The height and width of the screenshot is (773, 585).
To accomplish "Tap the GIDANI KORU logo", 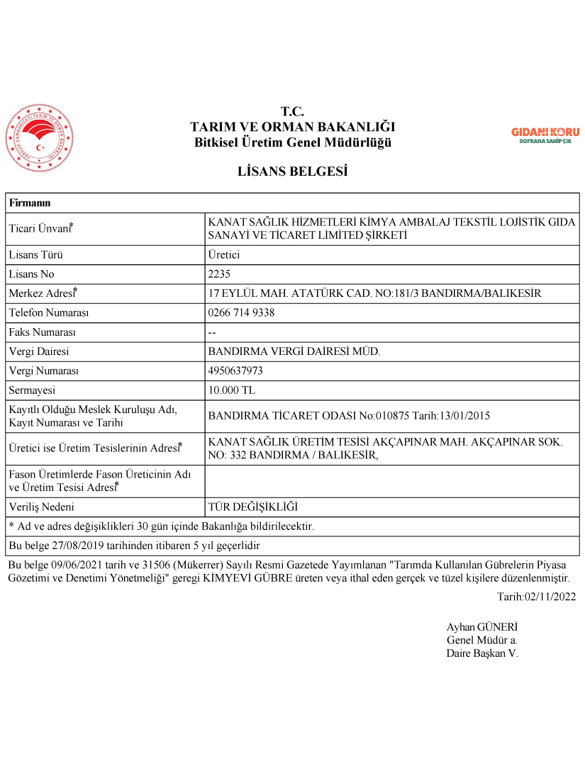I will (545, 135).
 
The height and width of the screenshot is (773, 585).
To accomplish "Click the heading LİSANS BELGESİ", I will (292, 171).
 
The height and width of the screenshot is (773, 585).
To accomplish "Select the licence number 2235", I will (220, 274).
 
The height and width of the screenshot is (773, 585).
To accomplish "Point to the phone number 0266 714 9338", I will (241, 312).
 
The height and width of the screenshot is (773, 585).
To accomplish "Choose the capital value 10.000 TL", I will (232, 390).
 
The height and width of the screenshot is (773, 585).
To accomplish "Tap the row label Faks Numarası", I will (42, 332).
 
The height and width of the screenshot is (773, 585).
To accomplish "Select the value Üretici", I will (223, 255).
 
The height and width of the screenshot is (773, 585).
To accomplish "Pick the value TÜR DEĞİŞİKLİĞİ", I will (253, 507).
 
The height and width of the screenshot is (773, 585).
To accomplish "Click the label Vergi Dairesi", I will (39, 351).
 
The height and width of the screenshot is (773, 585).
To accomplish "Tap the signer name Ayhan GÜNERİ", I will (482, 627).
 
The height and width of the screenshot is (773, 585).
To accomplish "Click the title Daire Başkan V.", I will (482, 653).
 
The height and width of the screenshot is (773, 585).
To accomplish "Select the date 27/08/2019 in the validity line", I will (86, 546).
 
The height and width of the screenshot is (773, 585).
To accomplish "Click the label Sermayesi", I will (32, 390).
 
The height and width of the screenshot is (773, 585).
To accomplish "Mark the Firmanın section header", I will (30, 203).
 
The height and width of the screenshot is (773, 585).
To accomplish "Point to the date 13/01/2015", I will (464, 416).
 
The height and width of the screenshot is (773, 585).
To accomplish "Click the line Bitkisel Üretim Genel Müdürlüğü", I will (292, 142).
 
